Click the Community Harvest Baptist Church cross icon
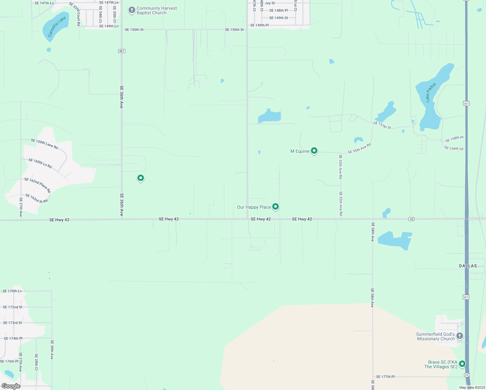(132, 10)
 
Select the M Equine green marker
(314, 150)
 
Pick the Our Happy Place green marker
(275, 206)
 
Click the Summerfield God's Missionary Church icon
(460, 336)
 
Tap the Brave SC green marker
(462, 364)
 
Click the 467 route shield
(122, 51)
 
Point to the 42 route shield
(411, 219)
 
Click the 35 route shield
(467, 375)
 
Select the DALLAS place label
(468, 266)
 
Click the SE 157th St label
(382, 125)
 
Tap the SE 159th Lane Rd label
(45, 144)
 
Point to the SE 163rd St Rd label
(37, 199)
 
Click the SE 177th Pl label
(385, 377)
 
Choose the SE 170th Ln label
(12, 291)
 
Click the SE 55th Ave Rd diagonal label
(359, 149)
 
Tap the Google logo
(11, 386)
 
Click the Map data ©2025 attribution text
(472, 387)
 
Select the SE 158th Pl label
(454, 139)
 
